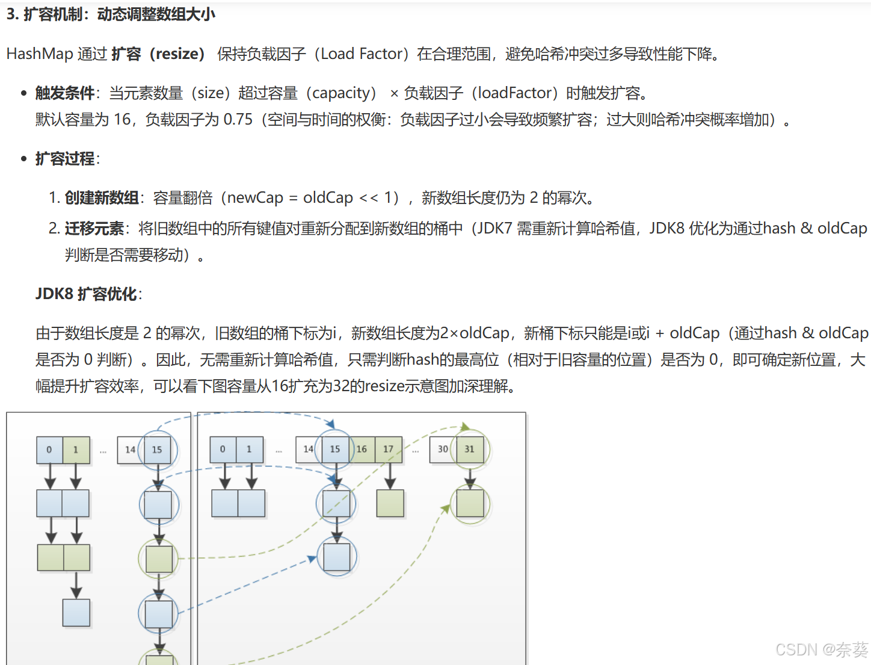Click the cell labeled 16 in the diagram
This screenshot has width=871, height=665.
tap(362, 450)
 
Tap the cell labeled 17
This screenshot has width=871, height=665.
tap(389, 450)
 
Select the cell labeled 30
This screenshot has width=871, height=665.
tap(443, 450)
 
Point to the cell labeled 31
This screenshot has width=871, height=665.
tap(470, 450)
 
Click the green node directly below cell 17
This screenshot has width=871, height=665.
tap(390, 504)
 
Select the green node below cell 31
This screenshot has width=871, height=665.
tap(470, 504)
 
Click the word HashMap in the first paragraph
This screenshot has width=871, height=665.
tap(40, 54)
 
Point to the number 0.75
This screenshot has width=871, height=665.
tap(238, 120)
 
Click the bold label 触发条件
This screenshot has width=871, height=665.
tap(64, 93)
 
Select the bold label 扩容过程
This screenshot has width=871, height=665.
tap(64, 159)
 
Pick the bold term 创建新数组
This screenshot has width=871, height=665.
tap(102, 198)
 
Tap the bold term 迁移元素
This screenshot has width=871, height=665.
tap(94, 229)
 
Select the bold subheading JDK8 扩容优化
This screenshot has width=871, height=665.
tap(87, 294)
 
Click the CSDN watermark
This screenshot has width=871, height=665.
tap(822, 650)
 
